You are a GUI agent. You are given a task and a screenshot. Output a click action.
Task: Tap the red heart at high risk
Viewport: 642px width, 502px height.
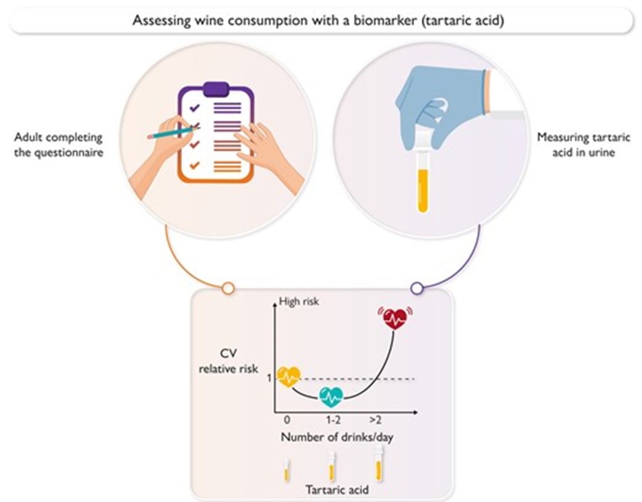click(x=395, y=319)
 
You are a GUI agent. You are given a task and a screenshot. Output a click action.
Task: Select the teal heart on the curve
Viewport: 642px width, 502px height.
click(x=330, y=396)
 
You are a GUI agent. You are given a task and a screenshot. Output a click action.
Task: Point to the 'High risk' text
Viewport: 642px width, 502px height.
click(x=298, y=302)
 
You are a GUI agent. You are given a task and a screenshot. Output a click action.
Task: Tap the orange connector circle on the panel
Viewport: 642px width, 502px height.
click(x=229, y=288)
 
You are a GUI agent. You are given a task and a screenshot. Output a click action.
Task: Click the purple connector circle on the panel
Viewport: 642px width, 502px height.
click(x=416, y=288)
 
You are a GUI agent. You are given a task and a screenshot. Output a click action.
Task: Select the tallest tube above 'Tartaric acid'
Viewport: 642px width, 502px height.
click(x=378, y=463)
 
